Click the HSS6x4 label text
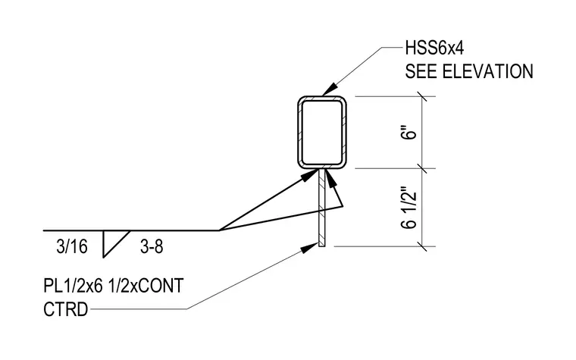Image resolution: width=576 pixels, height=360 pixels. [x=434, y=48]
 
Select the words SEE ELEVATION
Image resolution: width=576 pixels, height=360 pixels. [x=469, y=71]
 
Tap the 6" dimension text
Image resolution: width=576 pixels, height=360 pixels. [x=409, y=133]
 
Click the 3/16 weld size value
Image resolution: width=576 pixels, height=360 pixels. [x=72, y=246]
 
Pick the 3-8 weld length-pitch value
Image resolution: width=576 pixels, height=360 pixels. [x=152, y=246]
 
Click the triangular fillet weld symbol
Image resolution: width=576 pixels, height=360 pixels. [x=116, y=244]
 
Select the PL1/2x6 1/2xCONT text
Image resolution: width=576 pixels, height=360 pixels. [x=114, y=286]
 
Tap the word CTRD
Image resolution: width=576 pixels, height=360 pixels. [x=66, y=309]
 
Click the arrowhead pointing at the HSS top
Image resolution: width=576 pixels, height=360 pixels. [x=330, y=89]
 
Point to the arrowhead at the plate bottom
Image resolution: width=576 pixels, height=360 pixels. [x=308, y=248]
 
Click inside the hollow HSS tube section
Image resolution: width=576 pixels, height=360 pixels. [x=322, y=132]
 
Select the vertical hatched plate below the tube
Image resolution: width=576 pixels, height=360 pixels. [x=322, y=208]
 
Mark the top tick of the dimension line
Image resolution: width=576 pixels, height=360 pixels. [x=422, y=96]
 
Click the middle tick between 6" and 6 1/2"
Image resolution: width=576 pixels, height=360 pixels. [x=422, y=168]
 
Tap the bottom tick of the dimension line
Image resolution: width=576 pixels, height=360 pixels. [x=422, y=246]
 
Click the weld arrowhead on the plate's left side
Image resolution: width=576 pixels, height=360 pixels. [x=309, y=175]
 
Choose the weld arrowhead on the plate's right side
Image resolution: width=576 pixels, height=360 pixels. [x=330, y=178]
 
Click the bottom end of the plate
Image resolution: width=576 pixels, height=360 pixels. [x=322, y=246]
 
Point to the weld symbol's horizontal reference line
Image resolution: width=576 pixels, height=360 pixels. [x=131, y=230]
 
